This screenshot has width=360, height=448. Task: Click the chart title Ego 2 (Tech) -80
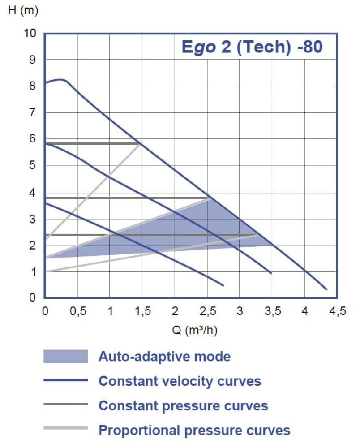tap(252, 47)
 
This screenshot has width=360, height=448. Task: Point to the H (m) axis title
tap(23, 11)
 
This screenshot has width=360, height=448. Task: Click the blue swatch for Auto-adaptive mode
tap(65, 357)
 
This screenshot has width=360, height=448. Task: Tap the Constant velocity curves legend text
tap(180, 381)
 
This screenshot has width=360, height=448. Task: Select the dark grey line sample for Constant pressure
tap(65, 405)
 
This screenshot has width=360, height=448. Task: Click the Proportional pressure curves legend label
tap(194, 431)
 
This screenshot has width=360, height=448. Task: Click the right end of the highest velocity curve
tap(326, 289)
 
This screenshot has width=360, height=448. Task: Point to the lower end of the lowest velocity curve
tap(223, 285)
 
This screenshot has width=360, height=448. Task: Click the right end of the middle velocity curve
tap(271, 273)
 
